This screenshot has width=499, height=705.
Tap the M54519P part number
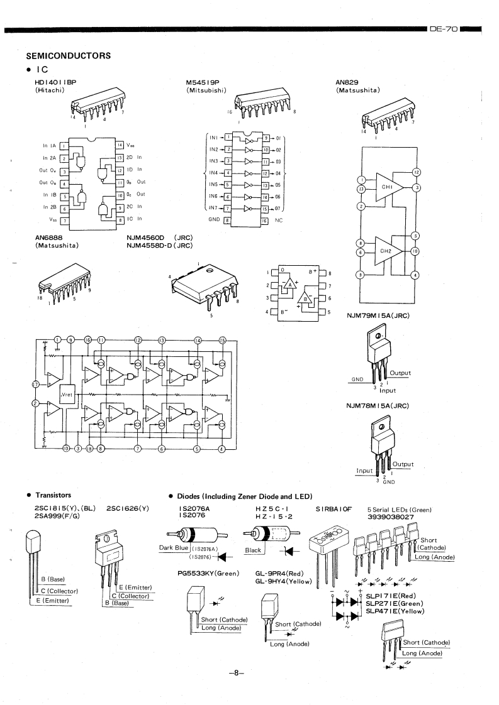pyautogui.click(x=203, y=82)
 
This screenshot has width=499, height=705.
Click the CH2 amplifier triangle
pyautogui.click(x=388, y=250)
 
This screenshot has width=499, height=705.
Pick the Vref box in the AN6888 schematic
pyautogui.click(x=68, y=395)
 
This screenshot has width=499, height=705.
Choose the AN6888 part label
pyautogui.click(x=49, y=238)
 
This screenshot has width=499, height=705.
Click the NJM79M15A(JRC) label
pyautogui.click(x=378, y=315)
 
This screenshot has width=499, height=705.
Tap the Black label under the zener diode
pyautogui.click(x=252, y=550)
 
